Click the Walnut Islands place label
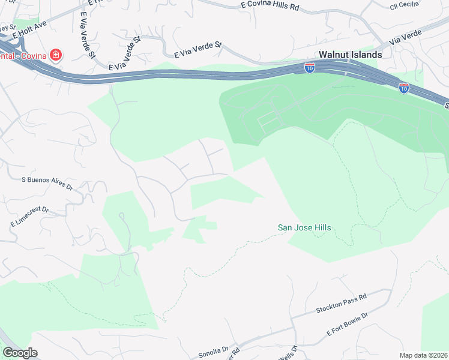point(350,54)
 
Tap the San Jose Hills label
point(304,228)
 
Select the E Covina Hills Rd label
point(270,6)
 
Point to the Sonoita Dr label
point(214,350)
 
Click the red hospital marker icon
point(56,56)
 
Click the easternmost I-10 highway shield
point(404,88)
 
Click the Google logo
point(20,353)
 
